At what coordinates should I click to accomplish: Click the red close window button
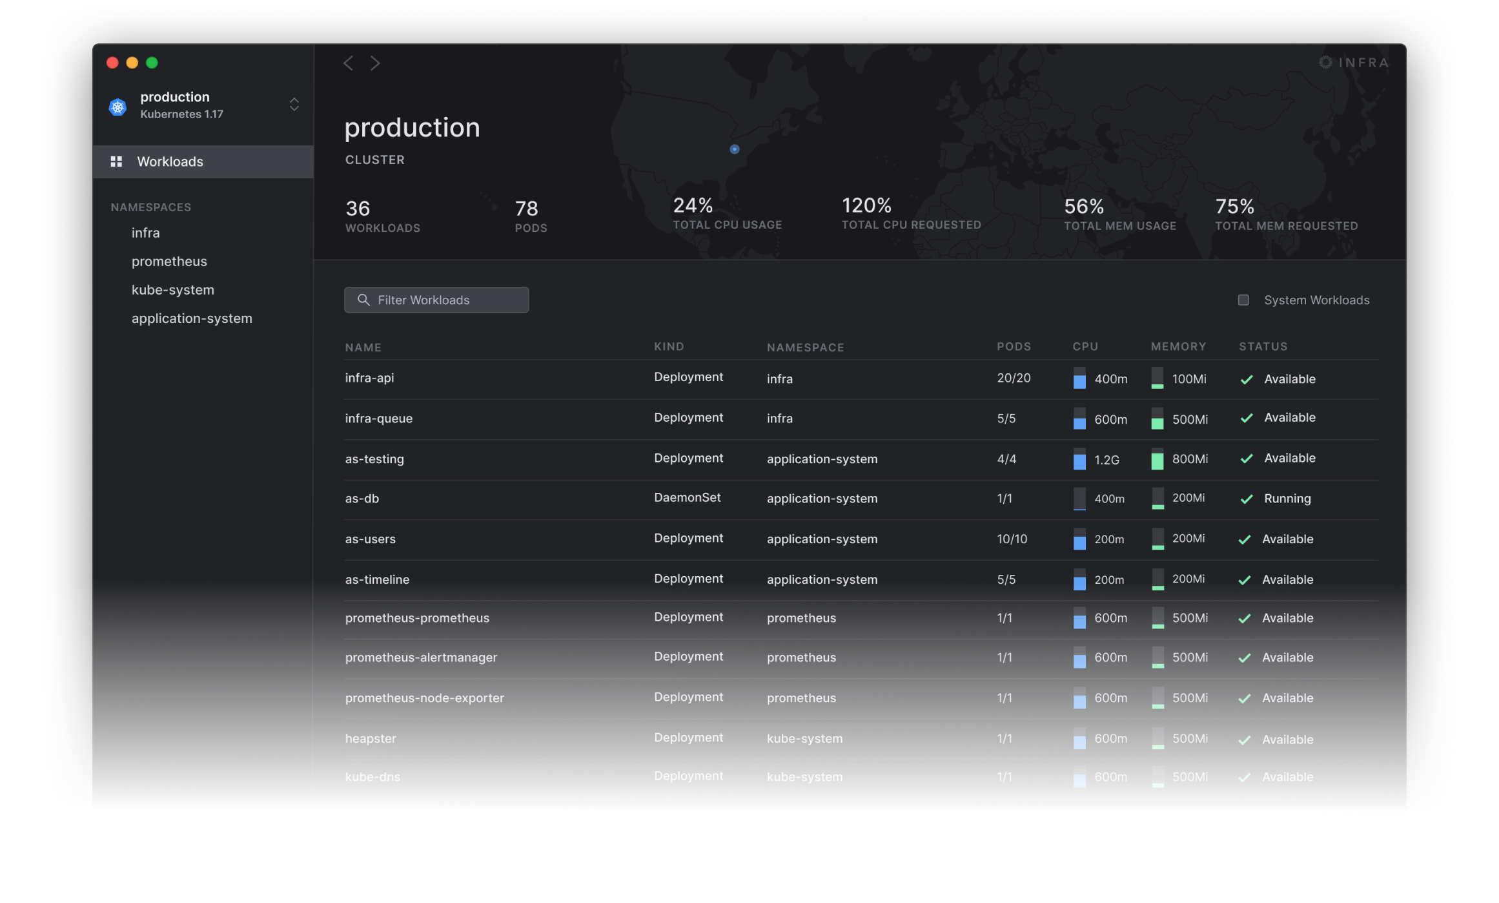tap(112, 63)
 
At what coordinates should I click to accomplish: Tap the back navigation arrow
tap(349, 63)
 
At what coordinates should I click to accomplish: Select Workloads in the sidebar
tap(170, 161)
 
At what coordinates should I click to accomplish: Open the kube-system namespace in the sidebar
tap(172, 290)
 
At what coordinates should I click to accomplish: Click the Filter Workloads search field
tap(436, 300)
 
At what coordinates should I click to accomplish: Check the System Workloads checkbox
tap(1243, 300)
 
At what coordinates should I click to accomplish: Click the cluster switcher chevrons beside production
tap(294, 105)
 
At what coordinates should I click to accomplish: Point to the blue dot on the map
tap(735, 149)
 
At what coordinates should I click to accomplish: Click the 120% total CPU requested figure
tap(866, 206)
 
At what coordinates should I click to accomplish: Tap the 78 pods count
tap(526, 209)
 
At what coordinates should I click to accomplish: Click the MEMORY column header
tap(1178, 347)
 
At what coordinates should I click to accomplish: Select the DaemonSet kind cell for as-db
tap(687, 498)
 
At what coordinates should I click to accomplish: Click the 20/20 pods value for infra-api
tap(1014, 379)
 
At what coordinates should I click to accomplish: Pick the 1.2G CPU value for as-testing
tap(1106, 460)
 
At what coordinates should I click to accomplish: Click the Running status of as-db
tap(1287, 499)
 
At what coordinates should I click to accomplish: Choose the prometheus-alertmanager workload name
tap(421, 658)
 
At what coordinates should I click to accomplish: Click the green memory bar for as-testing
tap(1157, 460)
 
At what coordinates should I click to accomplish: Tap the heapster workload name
tap(371, 739)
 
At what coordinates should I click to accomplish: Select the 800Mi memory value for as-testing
tap(1190, 459)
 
